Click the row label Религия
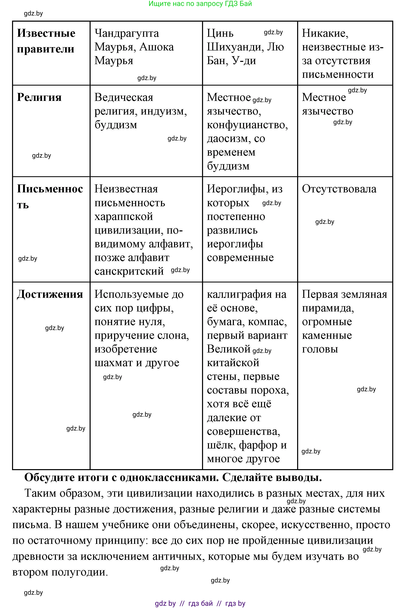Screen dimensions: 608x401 point(39,97)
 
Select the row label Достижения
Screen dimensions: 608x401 point(50,295)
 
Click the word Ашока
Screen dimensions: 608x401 point(157,47)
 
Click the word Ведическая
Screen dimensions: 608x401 point(124,97)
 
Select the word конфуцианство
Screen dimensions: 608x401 point(247,125)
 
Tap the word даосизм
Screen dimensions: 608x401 point(228,139)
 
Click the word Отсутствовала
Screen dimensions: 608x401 point(339,189)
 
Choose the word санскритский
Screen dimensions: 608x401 point(129,271)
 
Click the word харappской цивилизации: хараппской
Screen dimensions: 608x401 point(123,217)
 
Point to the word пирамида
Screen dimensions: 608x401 point(328,308)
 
